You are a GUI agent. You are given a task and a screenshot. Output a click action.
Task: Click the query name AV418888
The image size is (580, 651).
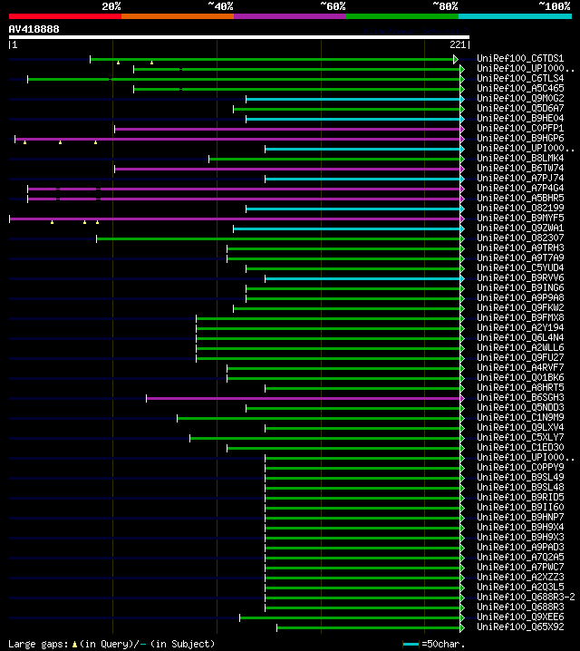point(34,29)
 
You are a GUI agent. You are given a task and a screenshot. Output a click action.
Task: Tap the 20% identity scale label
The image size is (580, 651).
point(111,5)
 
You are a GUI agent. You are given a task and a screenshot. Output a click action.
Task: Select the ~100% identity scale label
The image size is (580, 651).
point(554,5)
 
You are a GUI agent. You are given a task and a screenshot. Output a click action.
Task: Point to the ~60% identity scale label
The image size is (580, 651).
point(333,5)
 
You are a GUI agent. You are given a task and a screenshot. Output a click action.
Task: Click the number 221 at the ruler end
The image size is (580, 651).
point(458,44)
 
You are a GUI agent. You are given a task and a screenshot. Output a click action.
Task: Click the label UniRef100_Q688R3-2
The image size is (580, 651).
point(526,597)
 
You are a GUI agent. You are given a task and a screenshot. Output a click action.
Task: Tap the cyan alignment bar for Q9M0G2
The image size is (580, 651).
point(353,99)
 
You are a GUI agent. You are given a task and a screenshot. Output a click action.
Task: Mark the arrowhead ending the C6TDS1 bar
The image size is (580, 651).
point(457,59)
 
